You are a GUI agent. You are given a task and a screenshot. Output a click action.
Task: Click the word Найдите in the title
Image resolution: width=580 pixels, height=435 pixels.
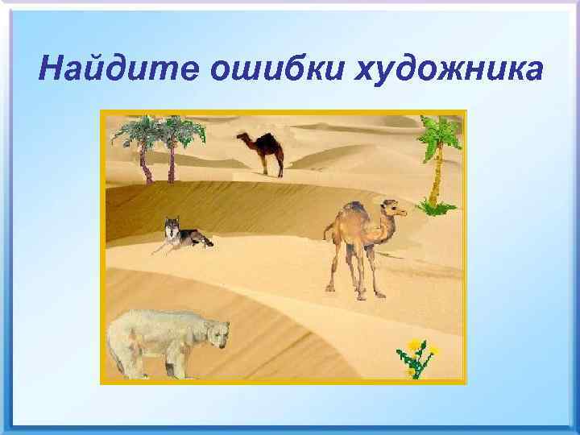click(x=117, y=69)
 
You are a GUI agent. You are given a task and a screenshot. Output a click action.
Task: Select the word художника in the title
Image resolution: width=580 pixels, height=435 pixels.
click(x=449, y=69)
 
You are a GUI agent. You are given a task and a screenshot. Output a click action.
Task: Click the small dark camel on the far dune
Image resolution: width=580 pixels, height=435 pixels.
click(x=263, y=151)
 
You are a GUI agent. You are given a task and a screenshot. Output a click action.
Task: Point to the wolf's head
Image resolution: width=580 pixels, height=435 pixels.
click(x=171, y=226)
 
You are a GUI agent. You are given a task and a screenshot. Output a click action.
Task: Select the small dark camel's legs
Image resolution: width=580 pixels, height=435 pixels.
click(x=269, y=167)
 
